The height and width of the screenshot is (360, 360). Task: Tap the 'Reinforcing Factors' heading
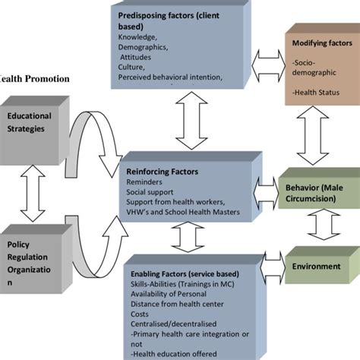tap(163, 172)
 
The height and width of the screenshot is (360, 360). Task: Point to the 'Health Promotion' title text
tap(35, 78)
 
